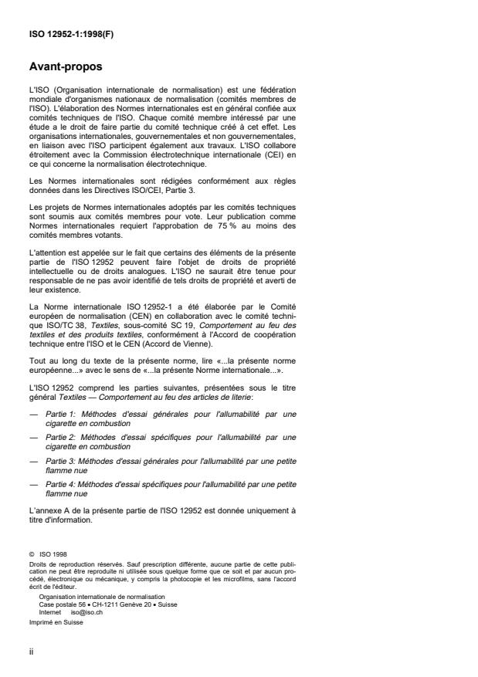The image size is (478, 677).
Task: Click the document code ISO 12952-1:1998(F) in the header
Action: (x=62, y=33)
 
